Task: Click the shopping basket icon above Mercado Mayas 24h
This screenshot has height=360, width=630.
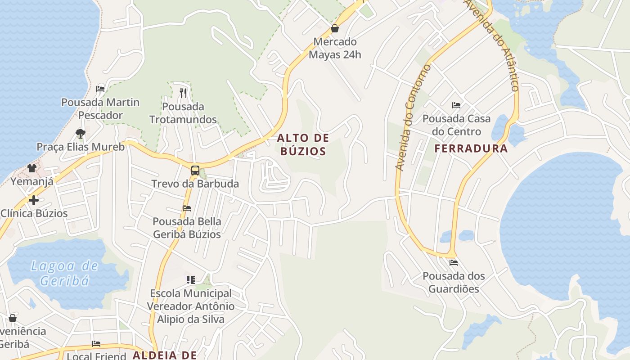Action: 335,29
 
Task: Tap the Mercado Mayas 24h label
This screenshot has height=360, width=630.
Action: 335,48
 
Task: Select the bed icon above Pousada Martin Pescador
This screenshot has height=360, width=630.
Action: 100,89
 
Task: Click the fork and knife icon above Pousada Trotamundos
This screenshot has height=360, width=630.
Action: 183,93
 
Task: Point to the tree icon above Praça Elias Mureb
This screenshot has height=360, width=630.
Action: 81,133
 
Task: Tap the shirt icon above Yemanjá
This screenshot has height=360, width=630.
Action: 32,168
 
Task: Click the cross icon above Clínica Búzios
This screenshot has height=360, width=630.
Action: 33,200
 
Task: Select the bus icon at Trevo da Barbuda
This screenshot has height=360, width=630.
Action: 195,171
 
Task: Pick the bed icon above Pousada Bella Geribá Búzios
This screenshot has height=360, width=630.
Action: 187,208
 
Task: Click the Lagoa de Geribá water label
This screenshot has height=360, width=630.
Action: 64,273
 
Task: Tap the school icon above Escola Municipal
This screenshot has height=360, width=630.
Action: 191,280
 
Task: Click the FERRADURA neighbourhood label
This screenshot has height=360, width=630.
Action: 471,148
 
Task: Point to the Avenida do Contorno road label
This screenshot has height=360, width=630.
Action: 413,117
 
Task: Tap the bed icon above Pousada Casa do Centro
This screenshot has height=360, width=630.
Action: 456,105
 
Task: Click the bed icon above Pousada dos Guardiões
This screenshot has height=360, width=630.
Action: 453,262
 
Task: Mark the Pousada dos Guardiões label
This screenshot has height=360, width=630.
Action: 454,282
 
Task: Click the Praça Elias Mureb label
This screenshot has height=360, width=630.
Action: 81,147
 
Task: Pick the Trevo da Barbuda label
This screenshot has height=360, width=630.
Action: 195,184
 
